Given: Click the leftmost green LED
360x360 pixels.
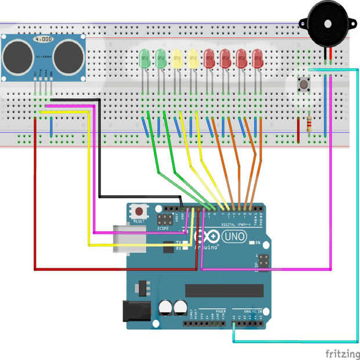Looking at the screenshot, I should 145,57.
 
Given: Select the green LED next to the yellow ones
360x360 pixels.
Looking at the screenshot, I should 161,57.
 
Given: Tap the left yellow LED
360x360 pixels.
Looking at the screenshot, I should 177,57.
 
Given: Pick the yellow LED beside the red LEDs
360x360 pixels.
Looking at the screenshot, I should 193,57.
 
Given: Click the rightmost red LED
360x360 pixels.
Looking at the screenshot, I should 257,57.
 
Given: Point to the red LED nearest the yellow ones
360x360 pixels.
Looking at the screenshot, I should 209,57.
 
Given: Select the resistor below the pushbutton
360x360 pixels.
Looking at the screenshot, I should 308,123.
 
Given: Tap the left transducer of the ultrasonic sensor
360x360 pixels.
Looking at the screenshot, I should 19,56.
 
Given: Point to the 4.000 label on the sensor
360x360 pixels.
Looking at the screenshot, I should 43,39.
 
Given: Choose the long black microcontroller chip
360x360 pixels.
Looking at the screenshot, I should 224,290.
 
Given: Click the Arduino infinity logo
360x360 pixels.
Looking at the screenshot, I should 210,237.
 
